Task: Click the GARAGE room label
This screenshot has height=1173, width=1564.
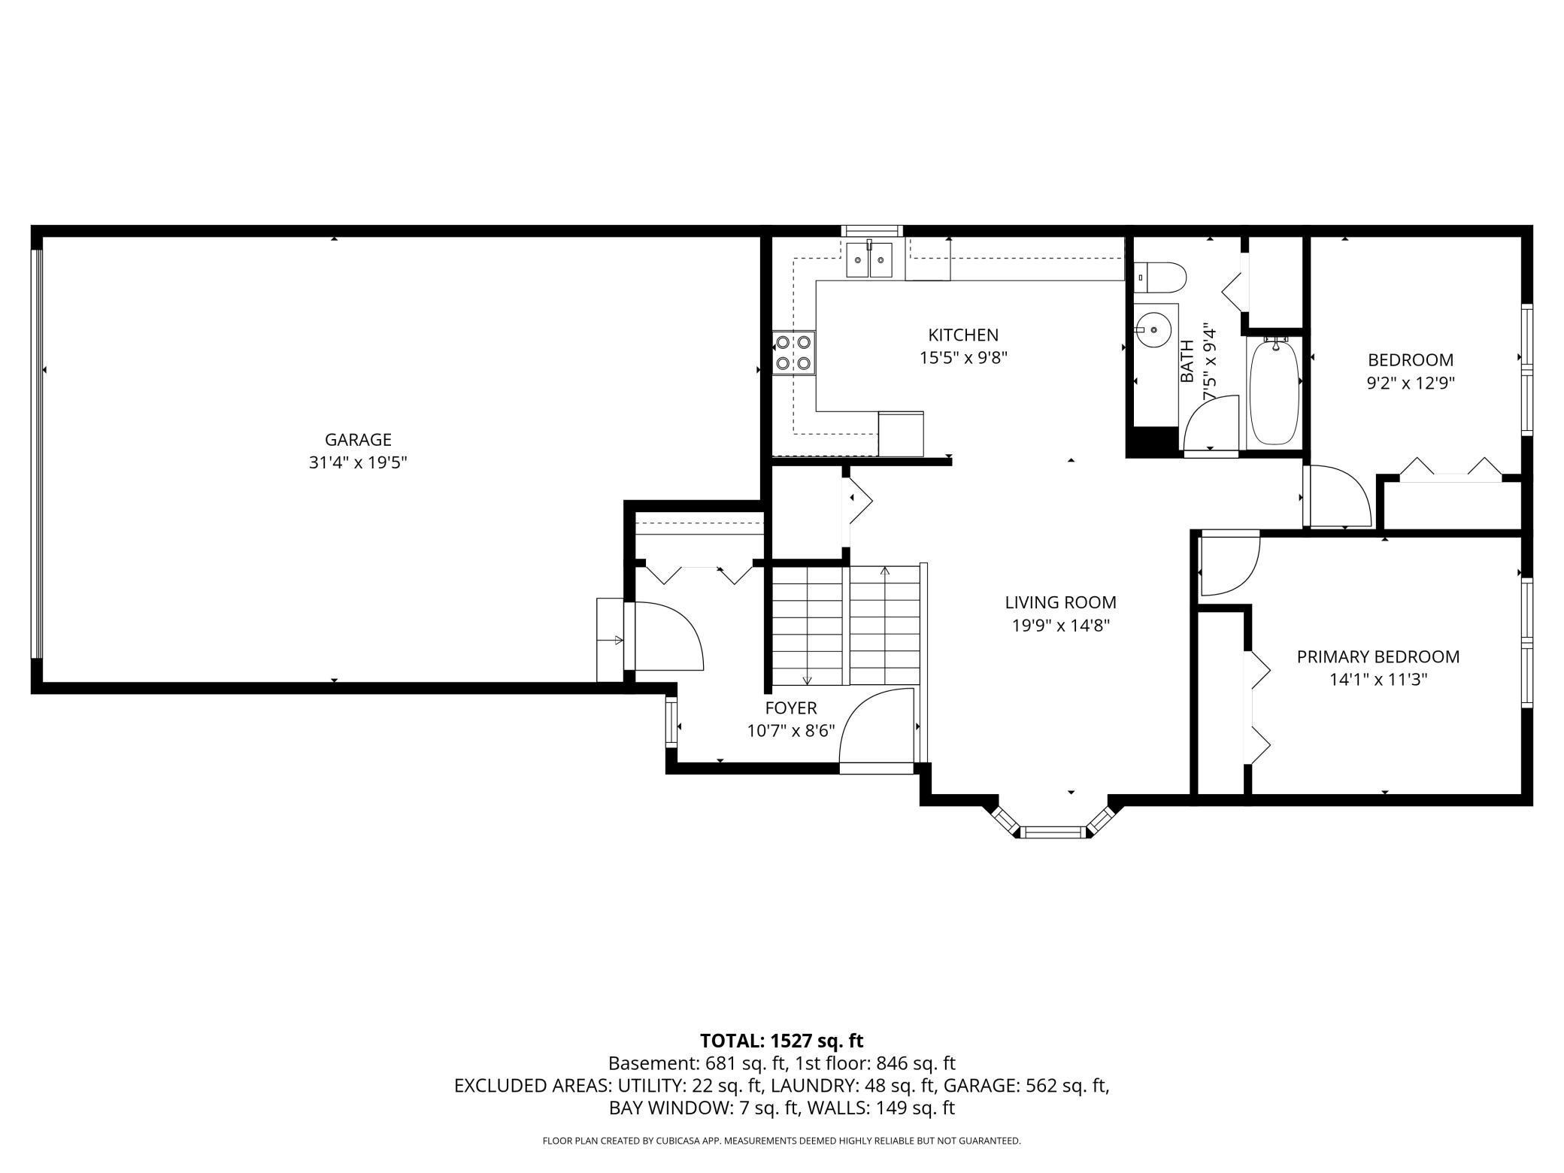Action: tap(358, 440)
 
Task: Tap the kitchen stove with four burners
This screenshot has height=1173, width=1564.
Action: tap(794, 353)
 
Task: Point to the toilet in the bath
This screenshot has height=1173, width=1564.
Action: tap(1161, 277)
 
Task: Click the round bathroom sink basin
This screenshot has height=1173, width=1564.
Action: tap(1153, 329)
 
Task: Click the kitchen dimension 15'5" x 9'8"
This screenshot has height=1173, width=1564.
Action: tap(963, 358)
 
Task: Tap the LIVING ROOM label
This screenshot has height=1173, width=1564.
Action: tap(1060, 602)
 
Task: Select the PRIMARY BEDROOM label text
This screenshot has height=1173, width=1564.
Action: tap(1378, 656)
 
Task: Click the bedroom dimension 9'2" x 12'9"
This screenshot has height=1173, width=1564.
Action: tap(1410, 383)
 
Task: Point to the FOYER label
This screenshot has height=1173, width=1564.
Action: tap(790, 708)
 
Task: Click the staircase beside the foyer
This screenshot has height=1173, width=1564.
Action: tap(846, 624)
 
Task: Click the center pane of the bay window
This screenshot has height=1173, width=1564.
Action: tap(1052, 832)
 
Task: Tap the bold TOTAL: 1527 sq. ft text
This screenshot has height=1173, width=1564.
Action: tap(781, 1041)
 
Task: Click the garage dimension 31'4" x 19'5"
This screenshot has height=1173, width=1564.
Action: tap(358, 462)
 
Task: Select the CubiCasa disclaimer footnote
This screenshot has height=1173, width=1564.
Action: tap(781, 1141)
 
